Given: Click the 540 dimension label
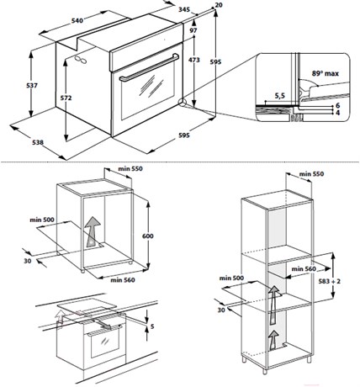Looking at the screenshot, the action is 77,21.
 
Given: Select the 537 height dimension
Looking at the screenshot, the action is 32,85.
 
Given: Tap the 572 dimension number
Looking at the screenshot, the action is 66,98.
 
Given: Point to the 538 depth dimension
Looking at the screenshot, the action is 38,142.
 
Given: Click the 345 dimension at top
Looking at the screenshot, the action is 184,9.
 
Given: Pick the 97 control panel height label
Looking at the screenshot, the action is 193,30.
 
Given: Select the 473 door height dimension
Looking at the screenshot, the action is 194,60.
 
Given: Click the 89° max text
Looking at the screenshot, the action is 326,73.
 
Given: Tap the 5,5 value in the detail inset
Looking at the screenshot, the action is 279,96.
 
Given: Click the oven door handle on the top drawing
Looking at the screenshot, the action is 149,67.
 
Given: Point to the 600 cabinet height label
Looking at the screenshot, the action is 148,236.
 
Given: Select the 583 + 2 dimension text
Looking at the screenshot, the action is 330,281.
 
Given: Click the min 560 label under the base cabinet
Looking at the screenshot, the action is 123,280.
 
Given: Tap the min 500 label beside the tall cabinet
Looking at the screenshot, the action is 231,278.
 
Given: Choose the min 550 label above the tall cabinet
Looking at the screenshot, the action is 311,174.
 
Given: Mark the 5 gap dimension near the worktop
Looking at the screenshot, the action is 152,326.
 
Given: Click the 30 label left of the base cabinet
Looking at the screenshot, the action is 27,261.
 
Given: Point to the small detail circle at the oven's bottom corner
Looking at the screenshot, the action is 183,102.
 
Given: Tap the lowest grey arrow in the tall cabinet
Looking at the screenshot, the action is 273,340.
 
